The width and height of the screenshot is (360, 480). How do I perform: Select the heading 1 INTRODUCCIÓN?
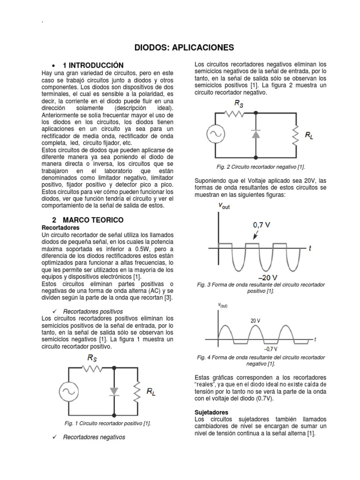(x=93, y=65)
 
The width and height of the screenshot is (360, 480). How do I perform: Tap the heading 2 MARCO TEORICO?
(x=88, y=219)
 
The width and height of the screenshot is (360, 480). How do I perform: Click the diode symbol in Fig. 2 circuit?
(x=255, y=135)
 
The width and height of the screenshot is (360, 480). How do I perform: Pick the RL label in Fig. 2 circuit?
(x=309, y=135)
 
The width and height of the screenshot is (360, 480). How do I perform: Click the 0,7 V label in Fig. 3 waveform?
(x=262, y=225)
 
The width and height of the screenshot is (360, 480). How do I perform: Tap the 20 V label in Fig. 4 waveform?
(x=255, y=321)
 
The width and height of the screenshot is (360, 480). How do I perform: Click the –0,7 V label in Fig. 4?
(x=271, y=349)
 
